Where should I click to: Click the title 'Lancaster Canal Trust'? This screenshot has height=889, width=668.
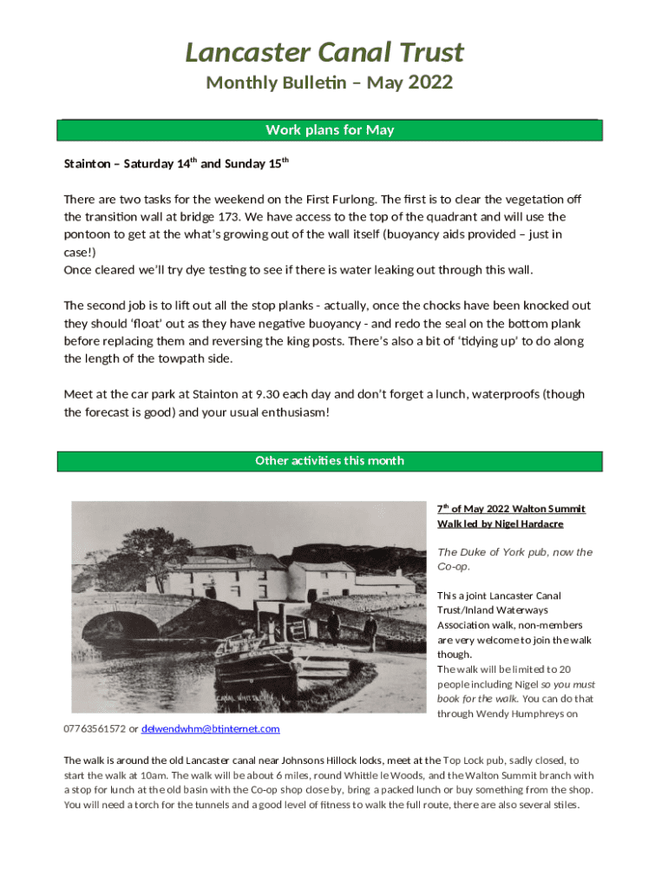click(324, 53)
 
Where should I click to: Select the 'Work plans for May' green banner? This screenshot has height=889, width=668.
click(330, 130)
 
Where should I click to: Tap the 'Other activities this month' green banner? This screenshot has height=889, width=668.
click(330, 460)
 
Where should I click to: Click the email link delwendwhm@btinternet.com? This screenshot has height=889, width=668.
click(210, 728)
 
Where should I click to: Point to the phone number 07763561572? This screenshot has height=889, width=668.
click(95, 728)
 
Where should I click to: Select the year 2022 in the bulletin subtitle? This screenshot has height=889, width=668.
click(430, 83)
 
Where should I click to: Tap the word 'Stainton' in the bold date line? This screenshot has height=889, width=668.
click(89, 163)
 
